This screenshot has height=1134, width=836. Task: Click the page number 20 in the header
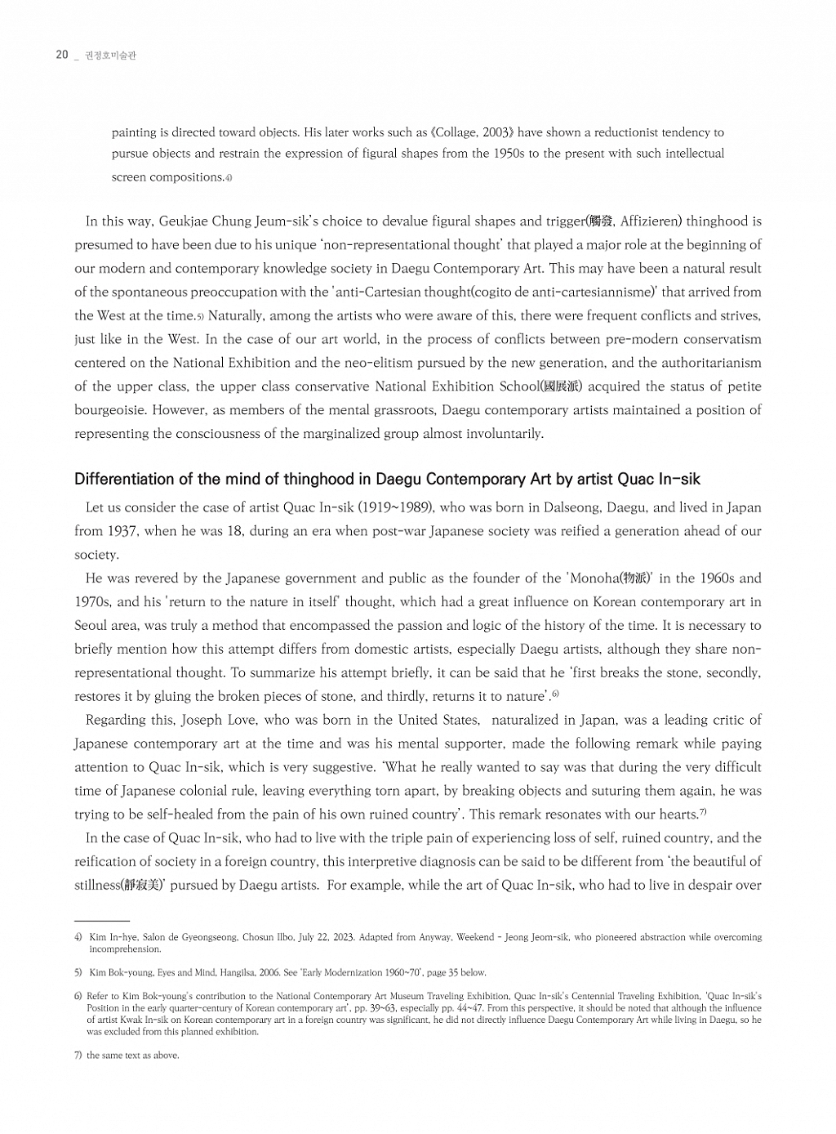(x=62, y=55)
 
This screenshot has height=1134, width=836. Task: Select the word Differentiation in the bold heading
(x=124, y=479)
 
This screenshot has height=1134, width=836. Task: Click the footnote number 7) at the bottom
(x=78, y=1056)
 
